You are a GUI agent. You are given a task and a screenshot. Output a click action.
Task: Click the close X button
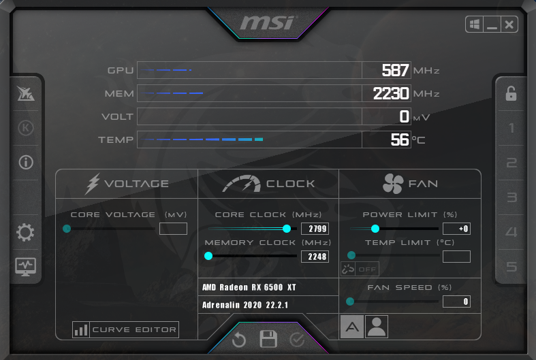(x=509, y=24)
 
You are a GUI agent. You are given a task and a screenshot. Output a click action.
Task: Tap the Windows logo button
(x=475, y=24)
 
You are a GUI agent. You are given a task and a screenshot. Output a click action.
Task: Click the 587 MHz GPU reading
(x=395, y=70)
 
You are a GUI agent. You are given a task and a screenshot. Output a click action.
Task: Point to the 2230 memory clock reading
(x=391, y=93)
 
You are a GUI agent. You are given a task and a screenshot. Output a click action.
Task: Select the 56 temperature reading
(x=400, y=140)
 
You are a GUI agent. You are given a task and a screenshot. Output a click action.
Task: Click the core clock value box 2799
(x=315, y=229)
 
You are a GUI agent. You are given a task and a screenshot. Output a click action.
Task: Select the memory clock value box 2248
(x=315, y=257)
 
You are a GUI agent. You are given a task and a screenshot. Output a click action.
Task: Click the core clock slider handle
(x=287, y=229)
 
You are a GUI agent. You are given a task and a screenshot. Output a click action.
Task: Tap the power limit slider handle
(x=375, y=229)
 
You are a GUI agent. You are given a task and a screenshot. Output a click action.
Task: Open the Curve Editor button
(x=125, y=329)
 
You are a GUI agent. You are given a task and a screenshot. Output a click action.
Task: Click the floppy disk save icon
(x=268, y=339)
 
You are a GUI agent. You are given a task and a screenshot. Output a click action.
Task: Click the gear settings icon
(x=25, y=233)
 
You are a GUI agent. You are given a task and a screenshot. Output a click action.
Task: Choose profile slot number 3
(x=511, y=197)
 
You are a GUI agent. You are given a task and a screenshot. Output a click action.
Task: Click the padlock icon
(x=511, y=94)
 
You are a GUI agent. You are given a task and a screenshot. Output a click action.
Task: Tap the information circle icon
(x=26, y=162)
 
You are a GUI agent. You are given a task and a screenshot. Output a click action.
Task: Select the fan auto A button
(x=352, y=327)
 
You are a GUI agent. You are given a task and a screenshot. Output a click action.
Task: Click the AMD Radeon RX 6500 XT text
(x=249, y=287)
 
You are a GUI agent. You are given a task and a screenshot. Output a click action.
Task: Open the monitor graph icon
(x=26, y=267)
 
